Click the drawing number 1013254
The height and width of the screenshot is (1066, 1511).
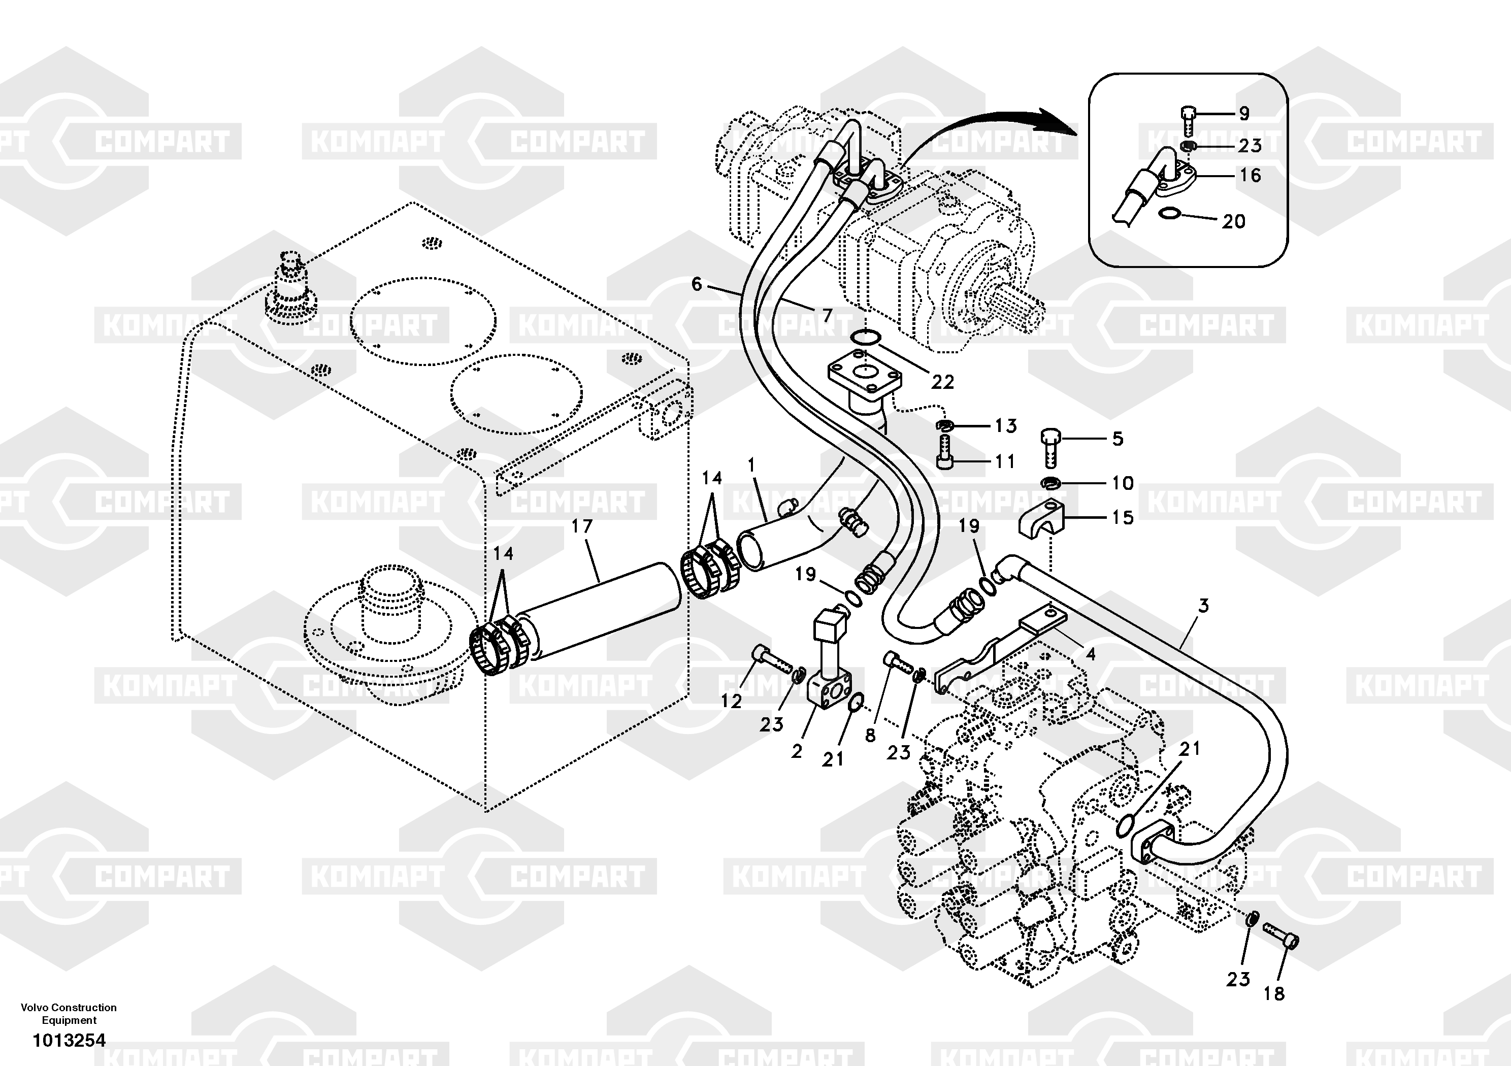69,1040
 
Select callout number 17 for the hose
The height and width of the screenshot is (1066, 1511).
582,526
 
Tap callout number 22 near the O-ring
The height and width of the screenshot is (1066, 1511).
942,382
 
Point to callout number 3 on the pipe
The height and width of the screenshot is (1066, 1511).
1203,606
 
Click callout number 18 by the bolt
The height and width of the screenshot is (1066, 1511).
1274,993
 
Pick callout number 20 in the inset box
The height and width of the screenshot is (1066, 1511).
1234,222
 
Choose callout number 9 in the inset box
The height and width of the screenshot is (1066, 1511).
1244,114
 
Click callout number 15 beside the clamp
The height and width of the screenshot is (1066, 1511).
1123,518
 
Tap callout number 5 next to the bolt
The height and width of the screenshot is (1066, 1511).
1118,439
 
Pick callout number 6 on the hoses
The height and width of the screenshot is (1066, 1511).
696,284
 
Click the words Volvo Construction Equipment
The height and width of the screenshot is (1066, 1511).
69,1013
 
